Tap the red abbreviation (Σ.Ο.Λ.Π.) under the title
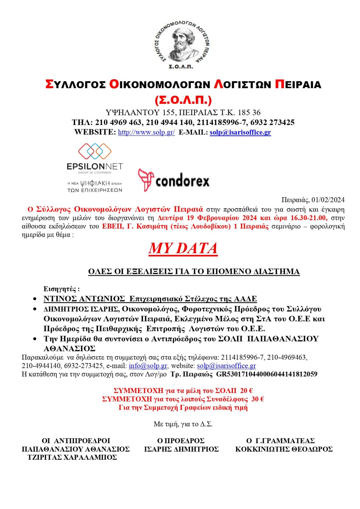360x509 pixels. point(183,100)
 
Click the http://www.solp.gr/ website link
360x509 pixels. point(146,132)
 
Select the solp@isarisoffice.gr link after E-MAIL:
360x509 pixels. point(240,132)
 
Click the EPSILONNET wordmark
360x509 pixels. point(95,166)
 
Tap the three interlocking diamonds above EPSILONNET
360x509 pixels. point(95,151)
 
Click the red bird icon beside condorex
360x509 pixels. point(146,180)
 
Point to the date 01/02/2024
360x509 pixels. point(328,200)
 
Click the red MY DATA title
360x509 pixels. point(183,248)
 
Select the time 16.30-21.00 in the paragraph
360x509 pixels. point(309,218)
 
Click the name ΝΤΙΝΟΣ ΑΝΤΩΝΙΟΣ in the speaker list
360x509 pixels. point(84,299)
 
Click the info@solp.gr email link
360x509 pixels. point(148,366)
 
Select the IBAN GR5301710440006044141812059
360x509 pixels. point(266,374)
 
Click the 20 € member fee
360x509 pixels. point(246,391)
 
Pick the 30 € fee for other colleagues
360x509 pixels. point(258,399)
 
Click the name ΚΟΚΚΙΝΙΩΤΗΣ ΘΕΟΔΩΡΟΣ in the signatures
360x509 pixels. point(284,449)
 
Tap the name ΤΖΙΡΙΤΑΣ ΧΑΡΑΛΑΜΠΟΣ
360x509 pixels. point(72,457)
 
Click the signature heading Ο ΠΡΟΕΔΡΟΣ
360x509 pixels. point(181,441)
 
